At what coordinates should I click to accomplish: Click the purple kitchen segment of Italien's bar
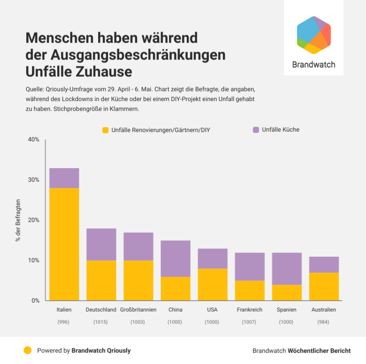[64, 178]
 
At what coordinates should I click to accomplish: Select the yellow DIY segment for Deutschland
[101, 280]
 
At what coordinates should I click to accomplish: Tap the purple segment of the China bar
[175, 259]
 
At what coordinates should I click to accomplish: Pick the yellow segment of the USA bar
[213, 284]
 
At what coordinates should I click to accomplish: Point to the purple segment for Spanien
[287, 268]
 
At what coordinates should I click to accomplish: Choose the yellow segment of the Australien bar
[324, 286]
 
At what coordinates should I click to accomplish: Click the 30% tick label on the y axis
[33, 180]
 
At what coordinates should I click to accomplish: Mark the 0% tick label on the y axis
[35, 301]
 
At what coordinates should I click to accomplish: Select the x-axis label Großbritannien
[138, 310]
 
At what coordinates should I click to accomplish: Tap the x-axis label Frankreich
[250, 310]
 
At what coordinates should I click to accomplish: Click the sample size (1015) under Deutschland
[101, 322]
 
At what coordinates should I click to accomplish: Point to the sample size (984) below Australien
[324, 322]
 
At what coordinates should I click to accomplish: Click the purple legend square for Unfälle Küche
[256, 129]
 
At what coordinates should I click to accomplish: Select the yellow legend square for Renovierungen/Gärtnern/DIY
[106, 130]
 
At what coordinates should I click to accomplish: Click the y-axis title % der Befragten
[18, 220]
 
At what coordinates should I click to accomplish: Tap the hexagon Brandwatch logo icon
[314, 35]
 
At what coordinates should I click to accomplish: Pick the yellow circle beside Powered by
[28, 350]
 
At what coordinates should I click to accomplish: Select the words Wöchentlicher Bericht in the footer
[319, 350]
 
